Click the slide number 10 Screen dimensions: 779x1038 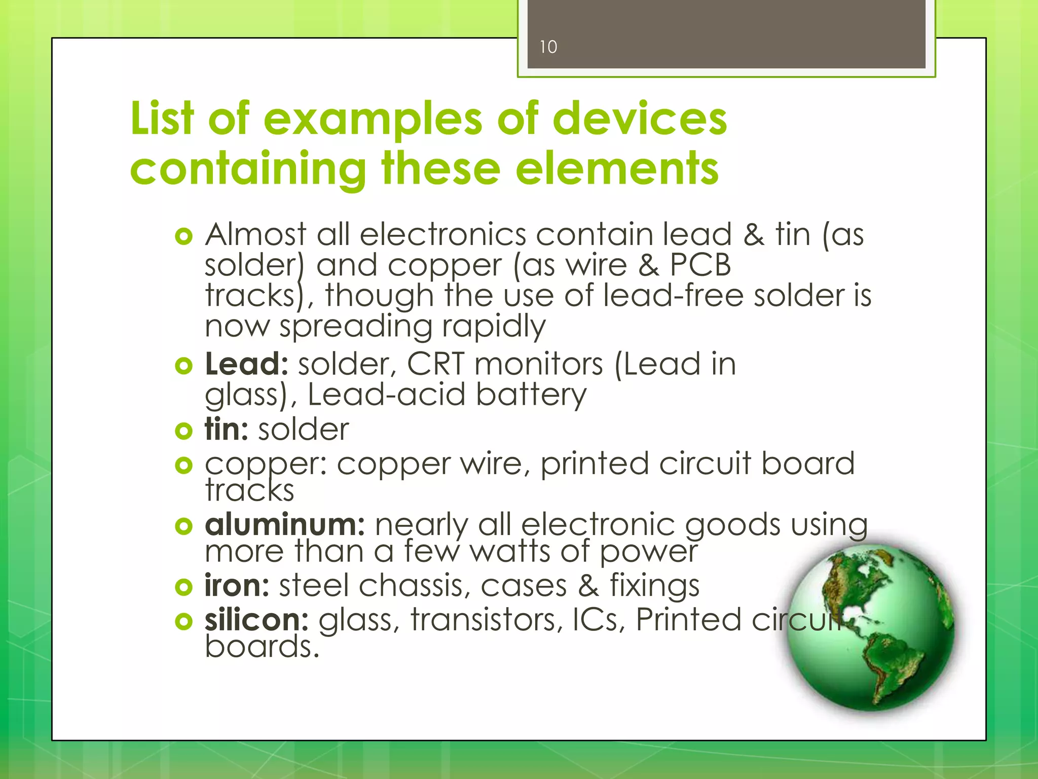548,47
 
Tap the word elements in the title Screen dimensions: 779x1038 617,168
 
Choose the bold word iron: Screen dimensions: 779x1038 237,585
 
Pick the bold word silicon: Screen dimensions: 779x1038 256,620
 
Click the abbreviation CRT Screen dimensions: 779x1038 435,364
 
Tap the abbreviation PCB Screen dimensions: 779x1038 700,265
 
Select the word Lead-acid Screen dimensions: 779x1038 386,395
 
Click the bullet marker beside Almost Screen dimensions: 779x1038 183,236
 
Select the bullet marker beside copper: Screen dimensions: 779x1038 183,465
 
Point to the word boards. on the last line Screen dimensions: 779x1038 262,647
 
